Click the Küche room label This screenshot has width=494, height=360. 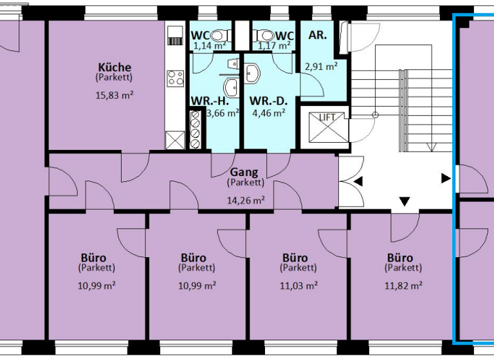114,67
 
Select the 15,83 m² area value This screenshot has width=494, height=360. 114,95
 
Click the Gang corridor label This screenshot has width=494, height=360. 244,172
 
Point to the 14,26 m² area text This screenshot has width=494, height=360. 246,200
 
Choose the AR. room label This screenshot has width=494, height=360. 318,35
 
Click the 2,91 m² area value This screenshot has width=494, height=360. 322,66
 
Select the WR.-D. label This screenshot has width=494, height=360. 268,101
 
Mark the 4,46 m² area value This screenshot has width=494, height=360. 268,113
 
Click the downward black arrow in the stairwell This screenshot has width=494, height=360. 404,203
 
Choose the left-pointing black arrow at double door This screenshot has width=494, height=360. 358,182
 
